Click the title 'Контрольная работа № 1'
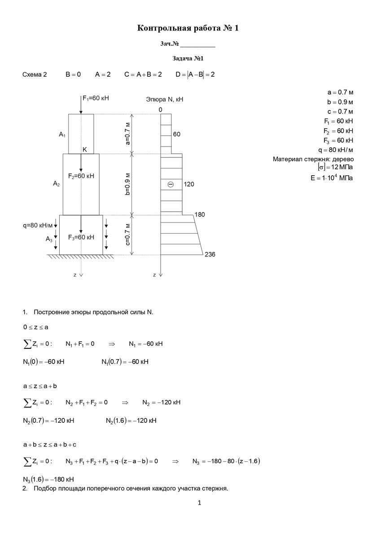point(188,29)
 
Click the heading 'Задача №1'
point(188,58)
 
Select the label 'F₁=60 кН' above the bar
point(96,98)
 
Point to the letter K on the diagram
point(84,150)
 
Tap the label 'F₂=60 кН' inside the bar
point(81,176)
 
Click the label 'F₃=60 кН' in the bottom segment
point(81,237)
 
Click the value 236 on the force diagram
point(210,255)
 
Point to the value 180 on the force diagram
point(200,215)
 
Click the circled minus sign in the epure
point(171,184)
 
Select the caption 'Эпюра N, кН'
point(165,99)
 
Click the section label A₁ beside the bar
point(62,134)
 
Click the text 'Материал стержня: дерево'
point(313,159)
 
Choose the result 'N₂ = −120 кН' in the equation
point(161,402)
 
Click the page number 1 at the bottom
point(200,503)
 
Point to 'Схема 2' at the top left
point(35,74)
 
